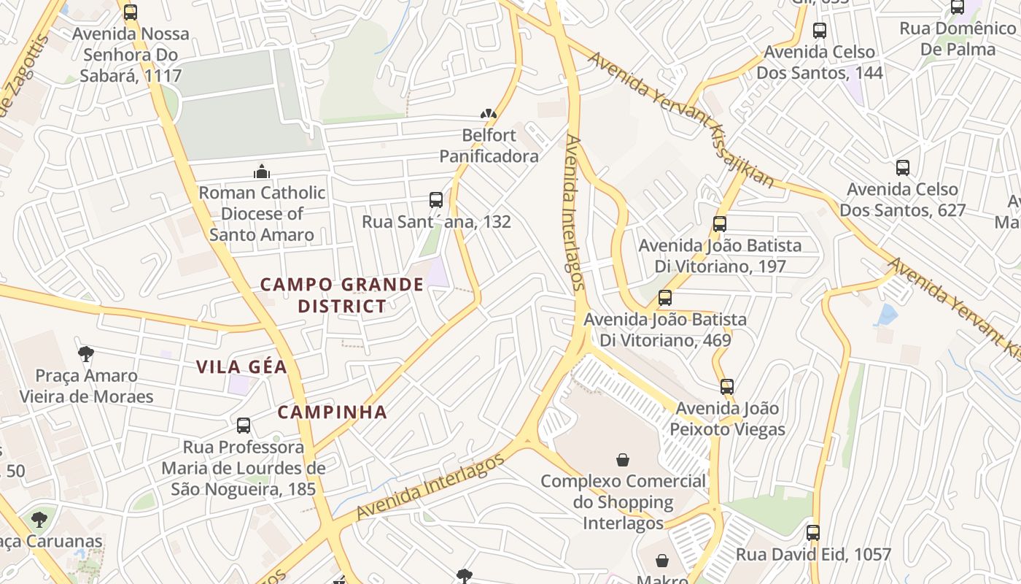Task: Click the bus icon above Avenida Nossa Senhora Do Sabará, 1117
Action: click(x=131, y=12)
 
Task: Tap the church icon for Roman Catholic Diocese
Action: click(x=262, y=172)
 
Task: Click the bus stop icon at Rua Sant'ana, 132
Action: click(x=436, y=200)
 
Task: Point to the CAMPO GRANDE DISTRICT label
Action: click(x=342, y=295)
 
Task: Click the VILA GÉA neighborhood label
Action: click(x=241, y=367)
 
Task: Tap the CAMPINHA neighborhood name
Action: click(x=332, y=412)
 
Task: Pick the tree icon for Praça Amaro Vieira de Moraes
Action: click(x=86, y=355)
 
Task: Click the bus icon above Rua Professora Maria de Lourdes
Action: click(x=244, y=426)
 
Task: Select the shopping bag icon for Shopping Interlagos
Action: click(x=623, y=460)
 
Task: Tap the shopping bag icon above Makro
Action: click(x=662, y=561)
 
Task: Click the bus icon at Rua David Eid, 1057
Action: click(x=813, y=533)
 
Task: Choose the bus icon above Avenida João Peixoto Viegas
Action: click(x=727, y=387)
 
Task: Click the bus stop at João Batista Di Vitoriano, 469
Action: click(x=665, y=298)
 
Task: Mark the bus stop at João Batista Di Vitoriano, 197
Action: click(x=720, y=224)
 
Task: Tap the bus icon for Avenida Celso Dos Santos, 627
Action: click(x=903, y=168)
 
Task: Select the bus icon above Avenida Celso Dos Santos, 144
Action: click(x=820, y=31)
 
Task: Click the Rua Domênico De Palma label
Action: click(x=958, y=39)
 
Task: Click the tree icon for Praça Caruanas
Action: click(x=39, y=520)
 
